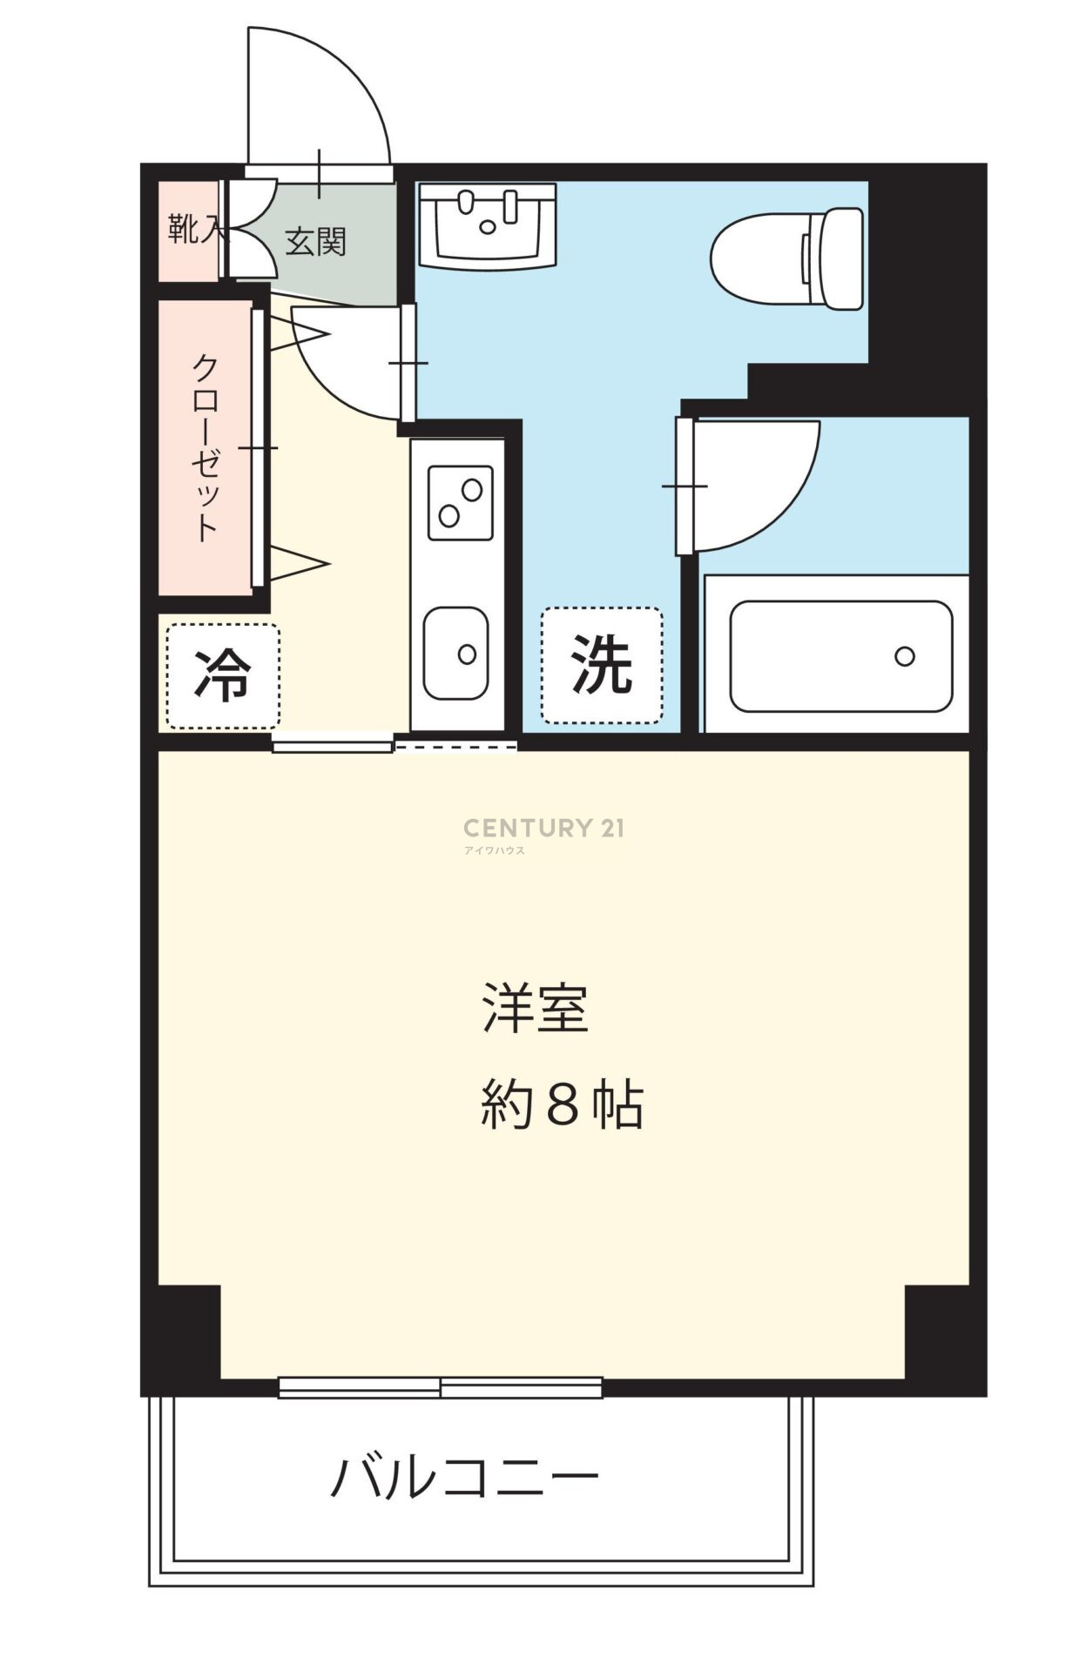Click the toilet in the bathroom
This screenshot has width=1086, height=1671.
coord(787,258)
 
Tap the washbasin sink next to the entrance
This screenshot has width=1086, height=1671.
coord(488,225)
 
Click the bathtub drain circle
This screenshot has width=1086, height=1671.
coord(905,656)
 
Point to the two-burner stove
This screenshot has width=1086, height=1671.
coord(460,503)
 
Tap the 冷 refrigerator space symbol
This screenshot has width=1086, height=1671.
coord(223,675)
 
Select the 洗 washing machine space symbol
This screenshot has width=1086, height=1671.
coord(602,665)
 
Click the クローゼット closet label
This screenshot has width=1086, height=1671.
coord(206,447)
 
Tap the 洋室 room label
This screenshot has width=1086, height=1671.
coord(536,1008)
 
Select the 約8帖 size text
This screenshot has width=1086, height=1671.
coord(562,1104)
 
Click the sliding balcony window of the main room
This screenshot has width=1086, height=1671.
coord(441,1387)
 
